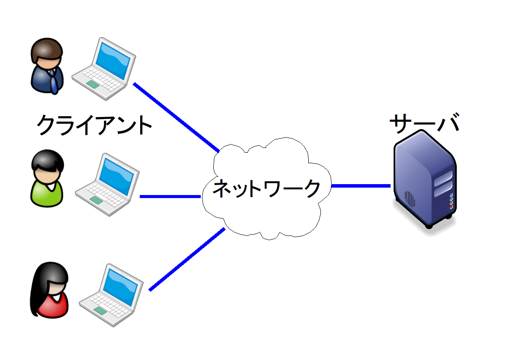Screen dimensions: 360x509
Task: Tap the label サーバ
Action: pos(424,124)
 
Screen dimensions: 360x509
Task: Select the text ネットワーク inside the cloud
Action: pos(266,188)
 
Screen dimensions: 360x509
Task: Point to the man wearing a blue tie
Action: pos(47,67)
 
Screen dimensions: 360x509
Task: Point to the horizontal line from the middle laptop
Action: pos(170,197)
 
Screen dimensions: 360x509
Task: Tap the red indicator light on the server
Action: pos(451,207)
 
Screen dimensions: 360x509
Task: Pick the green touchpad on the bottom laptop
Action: pos(100,310)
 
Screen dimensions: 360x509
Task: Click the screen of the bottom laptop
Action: pos(121,285)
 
